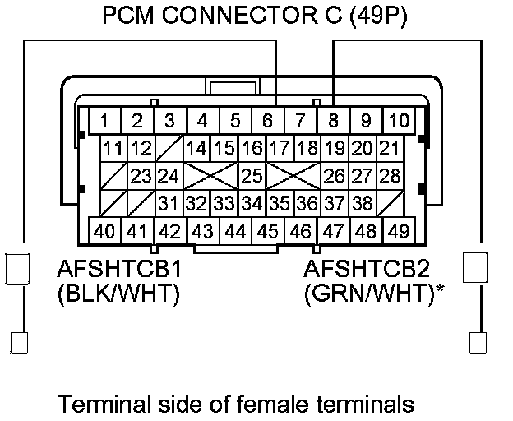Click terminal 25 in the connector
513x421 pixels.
pos(252,175)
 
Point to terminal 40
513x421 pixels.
pos(104,231)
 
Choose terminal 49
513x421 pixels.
pos(399,231)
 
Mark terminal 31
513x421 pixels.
pos(169,202)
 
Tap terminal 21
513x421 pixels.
pos(390,149)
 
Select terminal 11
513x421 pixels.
pos(113,149)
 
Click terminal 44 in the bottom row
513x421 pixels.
pos(235,231)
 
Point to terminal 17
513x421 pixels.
pos(280,149)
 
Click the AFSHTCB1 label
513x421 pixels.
pos(118,269)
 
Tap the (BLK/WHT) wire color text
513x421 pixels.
pos(118,294)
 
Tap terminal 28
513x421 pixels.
pos(390,175)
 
